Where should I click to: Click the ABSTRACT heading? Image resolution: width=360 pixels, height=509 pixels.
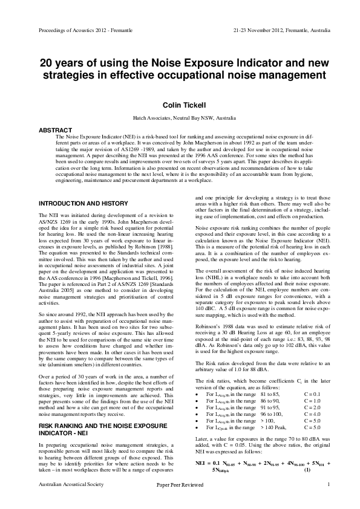tap(54, 130)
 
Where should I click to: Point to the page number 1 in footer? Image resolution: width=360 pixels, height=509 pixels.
tap(327, 502)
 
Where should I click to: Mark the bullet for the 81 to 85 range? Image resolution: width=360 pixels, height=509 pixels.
tap(198, 393)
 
